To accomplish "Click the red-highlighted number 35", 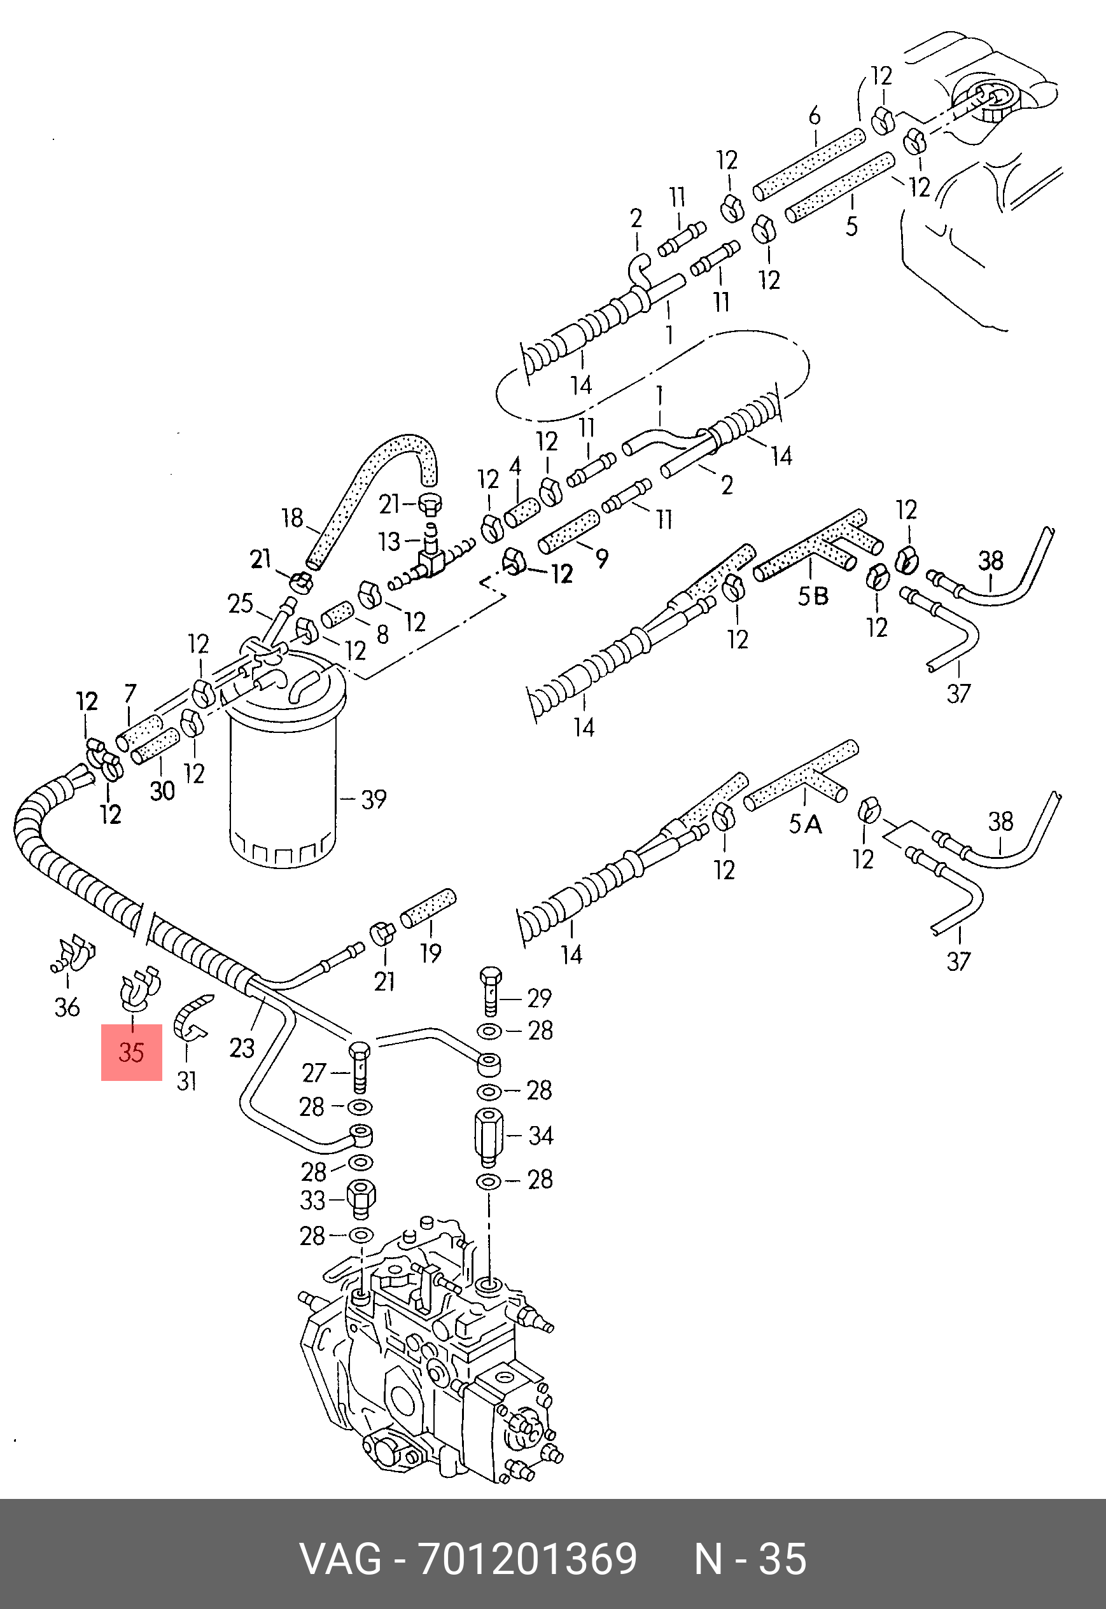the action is [x=131, y=1052].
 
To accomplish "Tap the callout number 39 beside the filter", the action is [x=374, y=799].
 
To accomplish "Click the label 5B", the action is [x=813, y=596].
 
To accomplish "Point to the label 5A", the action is [x=805, y=825].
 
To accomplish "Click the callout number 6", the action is [x=815, y=116].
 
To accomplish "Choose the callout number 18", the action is [x=293, y=517].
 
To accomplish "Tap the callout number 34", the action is [x=540, y=1135].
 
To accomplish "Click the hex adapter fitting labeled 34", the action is [x=490, y=1135].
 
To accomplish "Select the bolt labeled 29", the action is [x=490, y=991].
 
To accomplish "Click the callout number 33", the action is [x=312, y=1200].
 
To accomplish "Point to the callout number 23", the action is [x=242, y=1048].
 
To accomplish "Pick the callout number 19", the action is [x=430, y=953].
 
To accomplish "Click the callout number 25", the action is [x=241, y=603].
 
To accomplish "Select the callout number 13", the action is [x=389, y=541].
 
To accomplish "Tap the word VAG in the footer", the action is [x=340, y=1559].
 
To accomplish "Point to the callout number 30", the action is [x=162, y=790].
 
